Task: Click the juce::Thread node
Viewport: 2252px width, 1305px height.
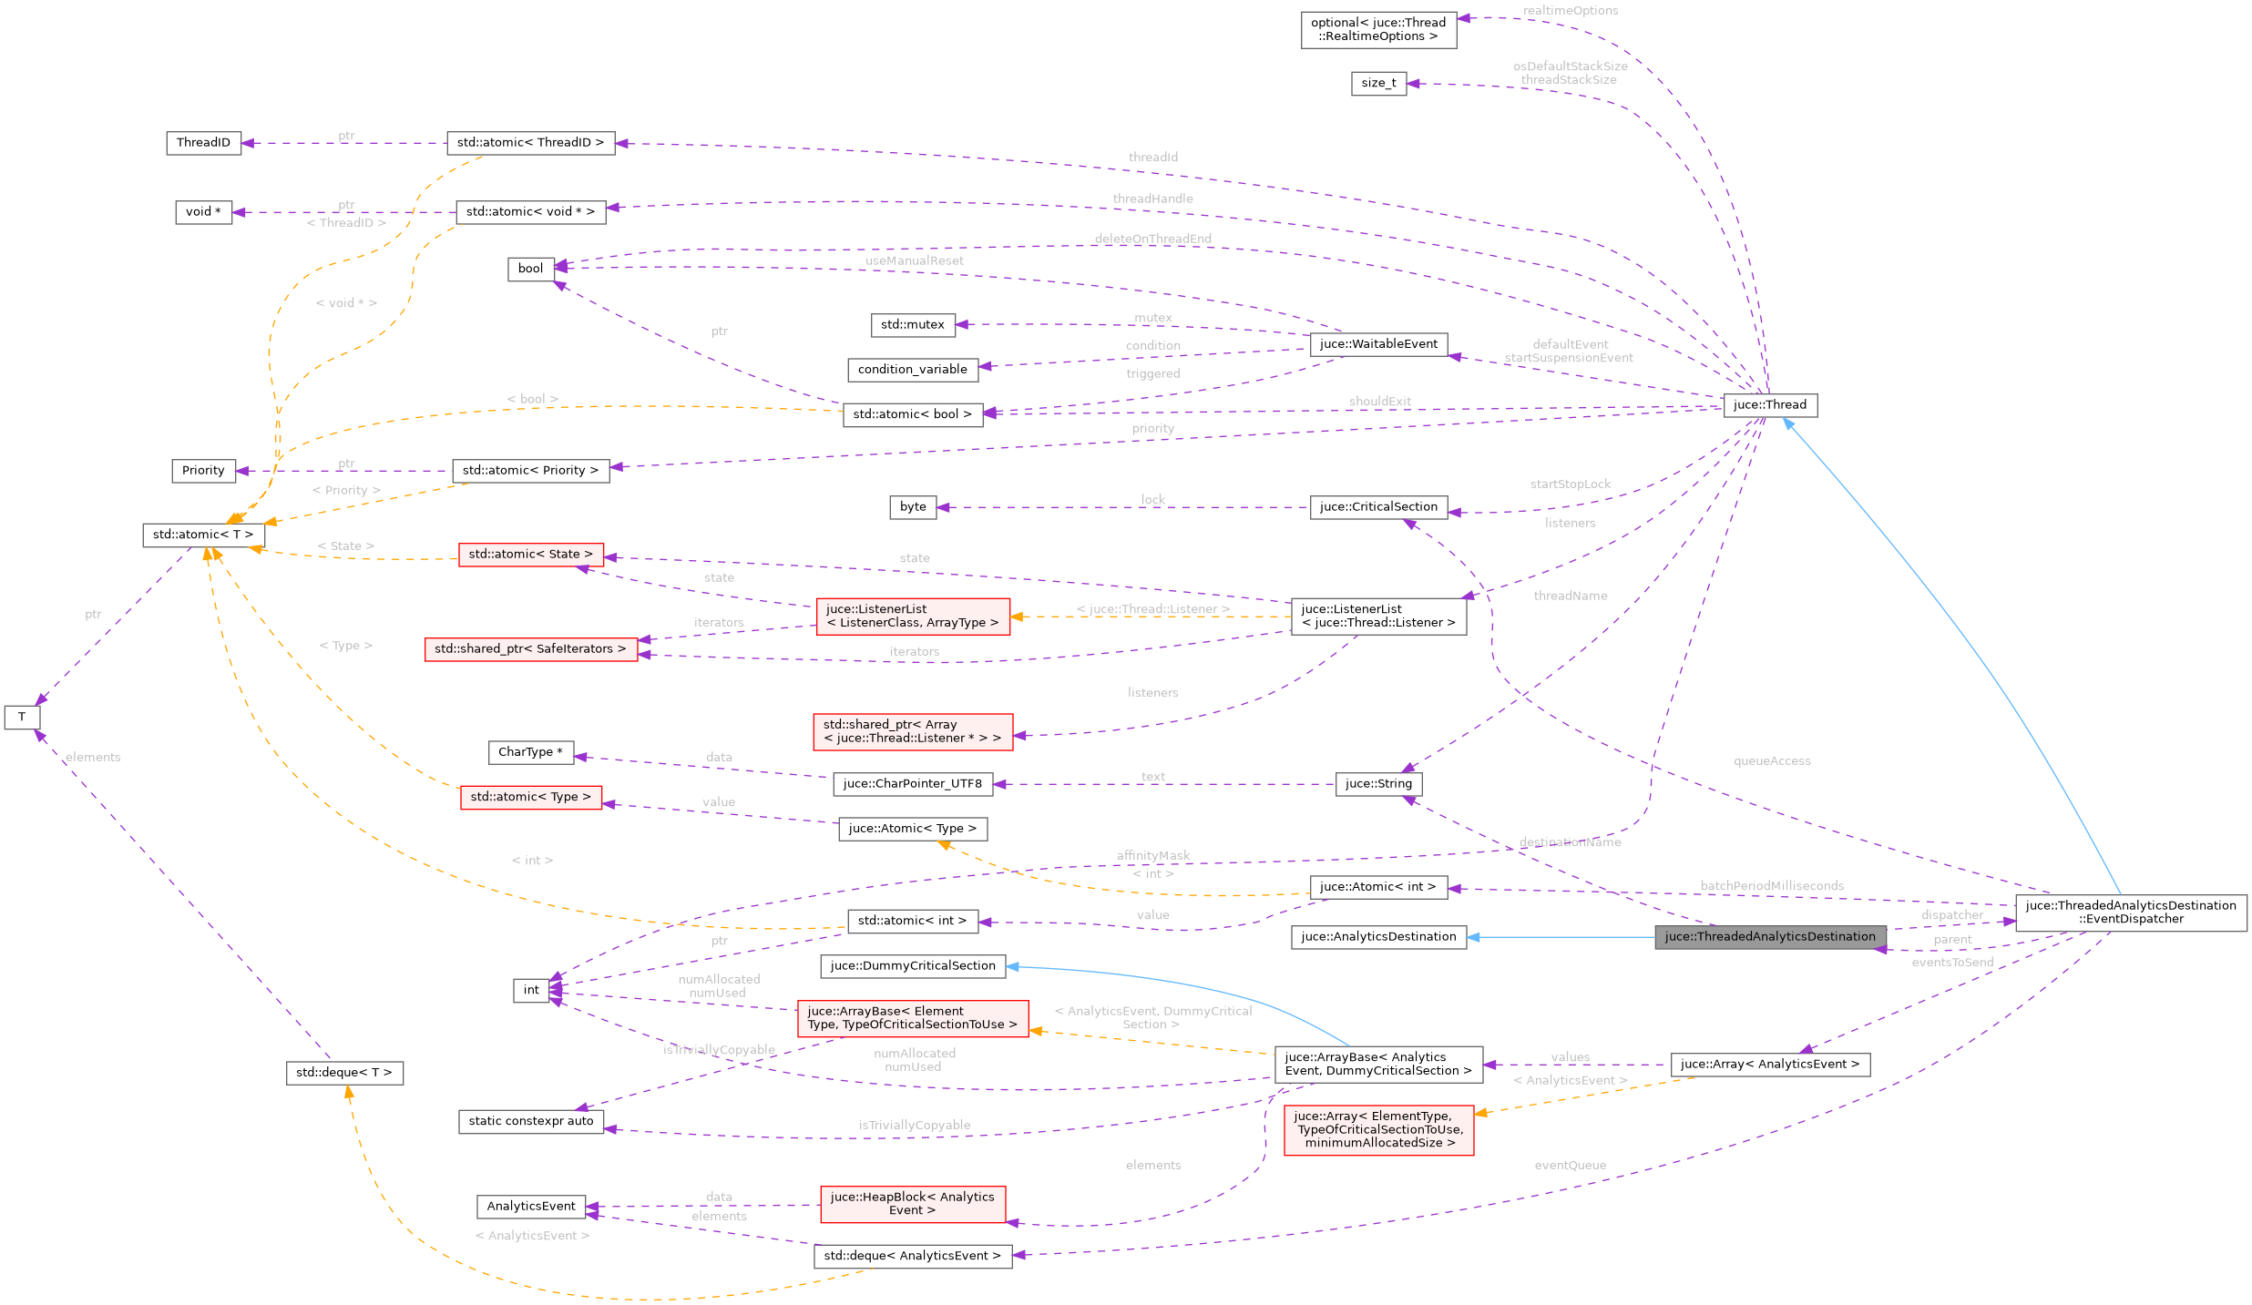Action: (x=1770, y=405)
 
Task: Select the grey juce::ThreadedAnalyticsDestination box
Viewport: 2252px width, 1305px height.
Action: (x=1770, y=937)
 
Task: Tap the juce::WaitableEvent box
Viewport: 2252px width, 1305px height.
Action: (x=1378, y=344)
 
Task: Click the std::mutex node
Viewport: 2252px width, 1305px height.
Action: (x=912, y=325)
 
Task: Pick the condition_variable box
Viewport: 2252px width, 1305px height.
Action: (x=912, y=370)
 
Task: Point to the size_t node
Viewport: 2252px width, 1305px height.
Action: (x=1378, y=84)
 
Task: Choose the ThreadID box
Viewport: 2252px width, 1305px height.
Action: (x=203, y=143)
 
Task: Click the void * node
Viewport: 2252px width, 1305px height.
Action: (x=203, y=212)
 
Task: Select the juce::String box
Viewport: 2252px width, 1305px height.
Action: (x=1378, y=784)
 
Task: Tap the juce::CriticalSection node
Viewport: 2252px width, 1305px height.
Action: (x=1378, y=507)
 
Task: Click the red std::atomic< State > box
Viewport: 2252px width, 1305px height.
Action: (x=530, y=555)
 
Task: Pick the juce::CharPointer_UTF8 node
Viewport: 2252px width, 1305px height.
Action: (x=912, y=784)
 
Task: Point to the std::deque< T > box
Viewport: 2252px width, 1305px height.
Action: (x=343, y=1073)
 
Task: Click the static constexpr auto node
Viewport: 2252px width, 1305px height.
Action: (x=530, y=1122)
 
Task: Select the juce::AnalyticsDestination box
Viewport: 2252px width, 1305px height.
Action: (x=1378, y=937)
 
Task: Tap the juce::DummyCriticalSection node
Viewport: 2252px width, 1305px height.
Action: (x=912, y=966)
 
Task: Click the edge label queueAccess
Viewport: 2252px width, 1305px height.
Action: (x=1772, y=761)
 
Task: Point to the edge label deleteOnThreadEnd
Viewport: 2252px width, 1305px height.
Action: (x=1152, y=239)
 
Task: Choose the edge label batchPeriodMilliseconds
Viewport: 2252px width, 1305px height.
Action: (x=1772, y=886)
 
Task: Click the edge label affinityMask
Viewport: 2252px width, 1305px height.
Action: (x=1152, y=855)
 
